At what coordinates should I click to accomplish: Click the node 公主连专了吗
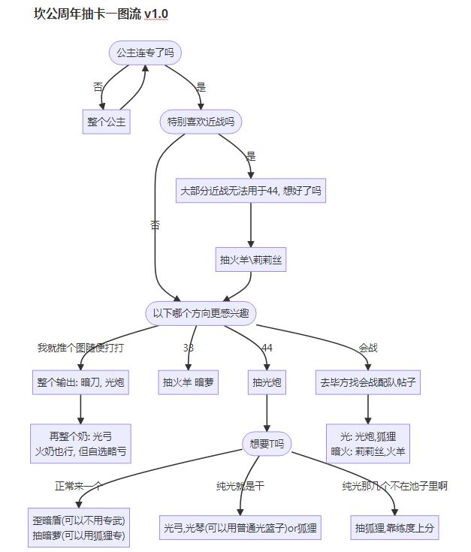pyautogui.click(x=146, y=53)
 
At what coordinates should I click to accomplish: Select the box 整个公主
pyautogui.click(x=106, y=121)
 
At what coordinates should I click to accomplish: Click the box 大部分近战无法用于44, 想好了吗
pyautogui.click(x=251, y=191)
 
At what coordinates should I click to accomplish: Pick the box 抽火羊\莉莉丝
pyautogui.click(x=251, y=260)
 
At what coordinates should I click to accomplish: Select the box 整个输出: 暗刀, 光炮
pyautogui.click(x=80, y=382)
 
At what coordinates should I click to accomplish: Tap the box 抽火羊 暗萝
pyautogui.click(x=189, y=382)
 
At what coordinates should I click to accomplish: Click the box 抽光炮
pyautogui.click(x=267, y=382)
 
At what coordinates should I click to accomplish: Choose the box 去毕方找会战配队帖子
pyautogui.click(x=367, y=382)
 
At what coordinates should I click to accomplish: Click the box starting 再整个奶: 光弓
pyautogui.click(x=80, y=444)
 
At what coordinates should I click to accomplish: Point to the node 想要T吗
pyautogui.click(x=267, y=444)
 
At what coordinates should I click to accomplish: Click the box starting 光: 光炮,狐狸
pyautogui.click(x=367, y=444)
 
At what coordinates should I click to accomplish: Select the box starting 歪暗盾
pyautogui.click(x=80, y=528)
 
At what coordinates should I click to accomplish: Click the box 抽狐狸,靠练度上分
pyautogui.click(x=394, y=528)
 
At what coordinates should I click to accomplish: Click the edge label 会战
pyautogui.click(x=368, y=348)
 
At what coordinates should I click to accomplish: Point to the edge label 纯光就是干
pyautogui.click(x=240, y=486)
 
